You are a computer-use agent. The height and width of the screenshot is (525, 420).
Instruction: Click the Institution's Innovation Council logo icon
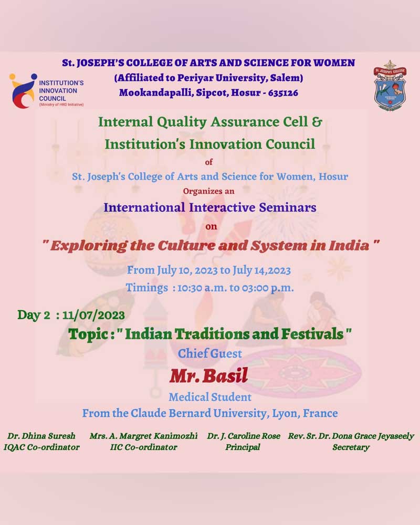coord(23,91)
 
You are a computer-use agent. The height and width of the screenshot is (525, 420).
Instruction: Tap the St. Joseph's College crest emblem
coord(390,86)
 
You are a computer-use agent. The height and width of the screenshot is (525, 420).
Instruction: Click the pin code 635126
coord(283,93)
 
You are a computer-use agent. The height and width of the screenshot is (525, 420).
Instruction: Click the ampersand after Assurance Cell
coord(317,122)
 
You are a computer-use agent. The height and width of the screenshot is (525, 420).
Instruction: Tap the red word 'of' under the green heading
coord(209,162)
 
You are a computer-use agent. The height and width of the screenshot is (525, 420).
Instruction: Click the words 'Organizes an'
coord(208,191)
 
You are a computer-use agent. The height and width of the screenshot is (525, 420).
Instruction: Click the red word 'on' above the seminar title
coord(211,227)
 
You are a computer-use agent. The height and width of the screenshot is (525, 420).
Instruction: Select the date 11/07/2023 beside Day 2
coord(93,316)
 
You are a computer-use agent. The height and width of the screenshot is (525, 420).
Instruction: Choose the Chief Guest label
coord(209,353)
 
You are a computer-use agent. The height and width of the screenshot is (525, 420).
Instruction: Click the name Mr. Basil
coord(208,375)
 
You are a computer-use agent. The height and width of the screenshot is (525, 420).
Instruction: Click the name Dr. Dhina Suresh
coord(41,436)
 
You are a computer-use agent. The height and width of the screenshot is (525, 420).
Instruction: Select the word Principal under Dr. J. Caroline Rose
coord(243,447)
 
